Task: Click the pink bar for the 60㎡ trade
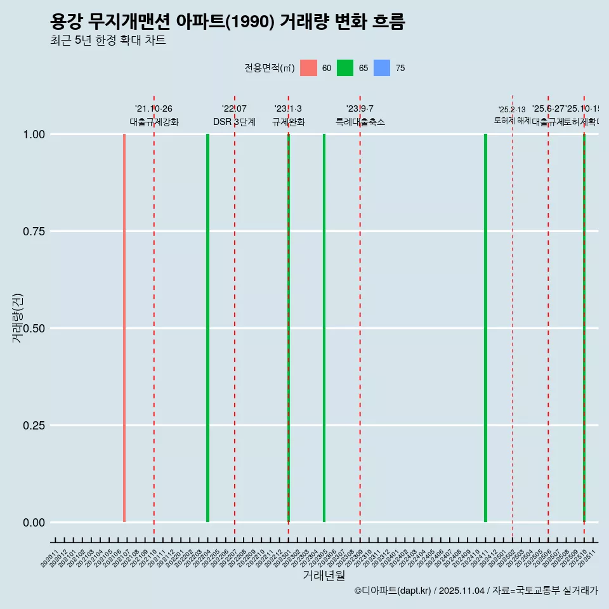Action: [124, 328]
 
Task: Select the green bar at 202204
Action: [207, 328]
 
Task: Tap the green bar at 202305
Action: [324, 328]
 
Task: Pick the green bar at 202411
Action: [485, 328]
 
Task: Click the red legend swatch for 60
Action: [308, 68]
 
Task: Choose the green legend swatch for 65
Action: [345, 68]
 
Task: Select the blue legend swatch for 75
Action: [382, 68]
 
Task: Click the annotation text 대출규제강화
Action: [154, 122]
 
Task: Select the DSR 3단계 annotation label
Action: [234, 122]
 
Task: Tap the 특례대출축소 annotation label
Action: [360, 122]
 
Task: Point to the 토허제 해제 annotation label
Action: [512, 121]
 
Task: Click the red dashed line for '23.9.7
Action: [360, 317]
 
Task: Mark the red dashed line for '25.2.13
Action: [513, 317]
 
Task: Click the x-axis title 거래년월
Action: [324, 575]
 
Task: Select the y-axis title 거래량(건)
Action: [17, 318]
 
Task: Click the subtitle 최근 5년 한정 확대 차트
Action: [108, 41]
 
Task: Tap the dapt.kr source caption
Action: [476, 591]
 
